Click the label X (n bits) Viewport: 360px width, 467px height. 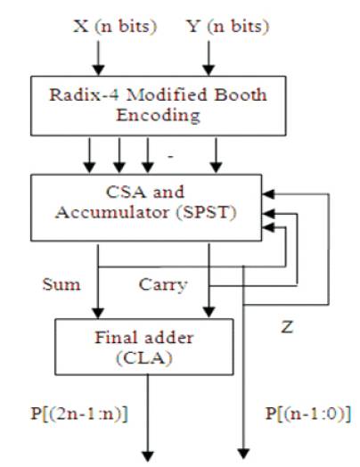115,27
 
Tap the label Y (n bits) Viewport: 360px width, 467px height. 228,27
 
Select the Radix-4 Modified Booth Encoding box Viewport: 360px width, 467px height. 158,106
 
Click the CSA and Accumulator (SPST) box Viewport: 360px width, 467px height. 146,208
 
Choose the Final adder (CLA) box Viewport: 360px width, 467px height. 144,347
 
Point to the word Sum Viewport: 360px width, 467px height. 61,284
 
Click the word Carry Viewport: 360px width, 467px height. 163,285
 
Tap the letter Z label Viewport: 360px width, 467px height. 287,327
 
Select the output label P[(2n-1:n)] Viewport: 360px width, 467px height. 79,414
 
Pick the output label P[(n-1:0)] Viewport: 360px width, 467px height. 308,414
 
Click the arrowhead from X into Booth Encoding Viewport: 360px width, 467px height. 98,70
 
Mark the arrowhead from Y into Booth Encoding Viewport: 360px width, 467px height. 209,70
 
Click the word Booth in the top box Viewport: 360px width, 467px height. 241,94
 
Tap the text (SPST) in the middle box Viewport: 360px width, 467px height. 207,213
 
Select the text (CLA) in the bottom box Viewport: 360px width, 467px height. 144,358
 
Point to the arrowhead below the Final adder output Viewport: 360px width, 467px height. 148,456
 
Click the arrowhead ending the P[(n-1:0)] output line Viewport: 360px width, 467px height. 243,454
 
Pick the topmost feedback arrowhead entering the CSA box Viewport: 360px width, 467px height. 268,194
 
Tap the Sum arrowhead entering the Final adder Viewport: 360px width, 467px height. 98,313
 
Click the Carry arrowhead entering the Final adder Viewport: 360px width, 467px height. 209,313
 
